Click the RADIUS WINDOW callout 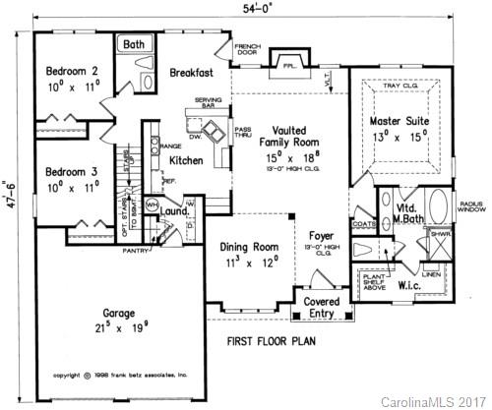[469, 205]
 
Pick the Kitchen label [186, 159]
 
